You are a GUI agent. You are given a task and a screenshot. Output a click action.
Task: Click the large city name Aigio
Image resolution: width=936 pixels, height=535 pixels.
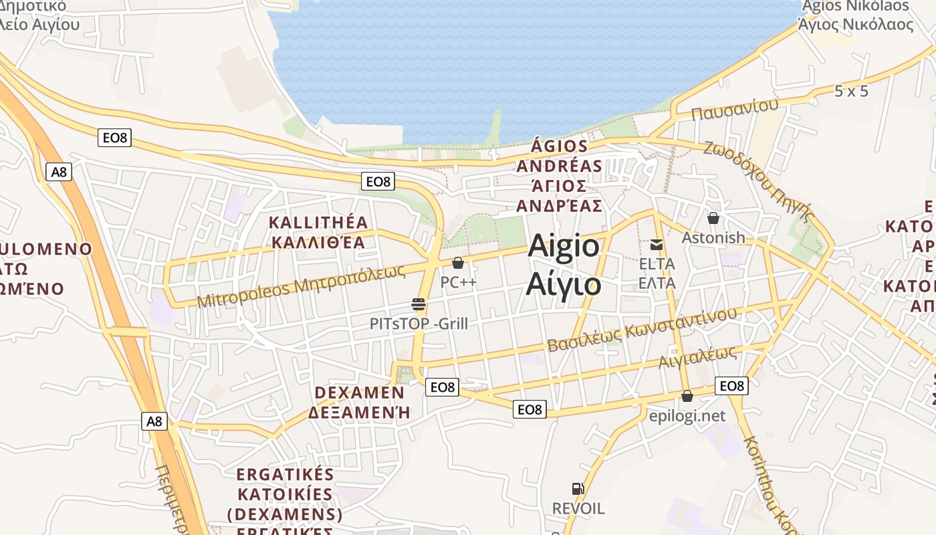point(564,246)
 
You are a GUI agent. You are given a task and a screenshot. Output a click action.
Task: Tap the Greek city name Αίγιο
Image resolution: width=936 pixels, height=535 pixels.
point(564,284)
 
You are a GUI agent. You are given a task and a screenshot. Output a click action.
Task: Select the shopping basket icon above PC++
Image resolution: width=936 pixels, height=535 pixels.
point(458,263)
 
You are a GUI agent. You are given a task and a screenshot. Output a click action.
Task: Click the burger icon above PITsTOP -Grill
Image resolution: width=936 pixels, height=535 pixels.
point(419,305)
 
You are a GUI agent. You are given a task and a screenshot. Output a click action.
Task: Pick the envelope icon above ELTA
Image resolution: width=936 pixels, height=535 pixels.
point(657,245)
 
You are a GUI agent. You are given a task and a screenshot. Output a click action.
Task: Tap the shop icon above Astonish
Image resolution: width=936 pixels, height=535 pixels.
point(713,218)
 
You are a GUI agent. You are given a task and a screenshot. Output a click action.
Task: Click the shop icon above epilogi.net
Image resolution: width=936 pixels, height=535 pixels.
point(687,396)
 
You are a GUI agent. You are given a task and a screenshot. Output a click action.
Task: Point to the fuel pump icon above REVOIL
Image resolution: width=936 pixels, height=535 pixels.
point(578,489)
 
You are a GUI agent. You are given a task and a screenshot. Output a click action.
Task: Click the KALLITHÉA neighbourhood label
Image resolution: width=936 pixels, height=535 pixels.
point(318,222)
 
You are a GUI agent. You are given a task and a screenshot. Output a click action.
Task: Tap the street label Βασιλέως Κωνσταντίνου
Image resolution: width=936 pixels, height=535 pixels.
point(642,330)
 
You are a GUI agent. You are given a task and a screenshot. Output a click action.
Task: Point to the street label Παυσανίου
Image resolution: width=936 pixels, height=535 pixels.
point(735,108)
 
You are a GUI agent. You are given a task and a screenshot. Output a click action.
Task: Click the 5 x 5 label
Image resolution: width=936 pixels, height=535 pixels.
point(851,91)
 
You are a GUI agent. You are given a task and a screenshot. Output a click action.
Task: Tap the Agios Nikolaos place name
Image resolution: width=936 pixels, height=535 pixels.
point(855,6)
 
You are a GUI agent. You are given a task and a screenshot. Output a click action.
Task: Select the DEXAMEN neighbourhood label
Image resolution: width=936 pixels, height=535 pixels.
point(359,393)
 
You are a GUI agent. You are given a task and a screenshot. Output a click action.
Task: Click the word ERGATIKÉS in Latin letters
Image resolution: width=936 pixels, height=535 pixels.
point(285,475)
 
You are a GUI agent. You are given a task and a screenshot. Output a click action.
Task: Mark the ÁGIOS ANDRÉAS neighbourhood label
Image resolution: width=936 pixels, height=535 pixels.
point(559,155)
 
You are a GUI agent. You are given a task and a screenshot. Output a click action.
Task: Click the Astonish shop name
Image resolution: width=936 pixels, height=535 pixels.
point(713,237)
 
